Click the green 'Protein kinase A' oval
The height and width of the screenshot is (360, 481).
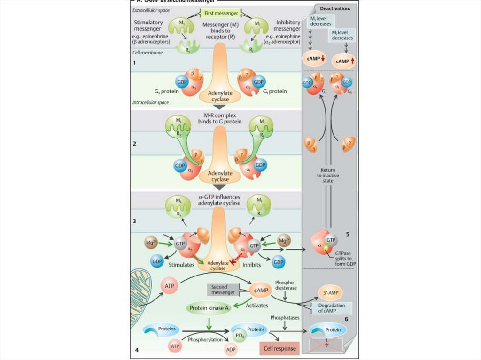pyautogui.click(x=209, y=308)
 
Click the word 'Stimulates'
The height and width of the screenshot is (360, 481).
pyautogui.click(x=181, y=265)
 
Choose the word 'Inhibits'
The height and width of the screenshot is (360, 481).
pyautogui.click(x=253, y=265)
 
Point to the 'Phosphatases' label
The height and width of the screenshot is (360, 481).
pyautogui.click(x=285, y=318)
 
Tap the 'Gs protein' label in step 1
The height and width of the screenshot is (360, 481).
pyautogui.click(x=163, y=92)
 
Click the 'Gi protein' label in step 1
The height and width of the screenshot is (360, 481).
pyautogui.click(x=281, y=92)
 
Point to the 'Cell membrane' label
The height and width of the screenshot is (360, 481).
pyautogui.click(x=147, y=53)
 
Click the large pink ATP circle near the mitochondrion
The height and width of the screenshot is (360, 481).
pyautogui.click(x=170, y=284)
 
